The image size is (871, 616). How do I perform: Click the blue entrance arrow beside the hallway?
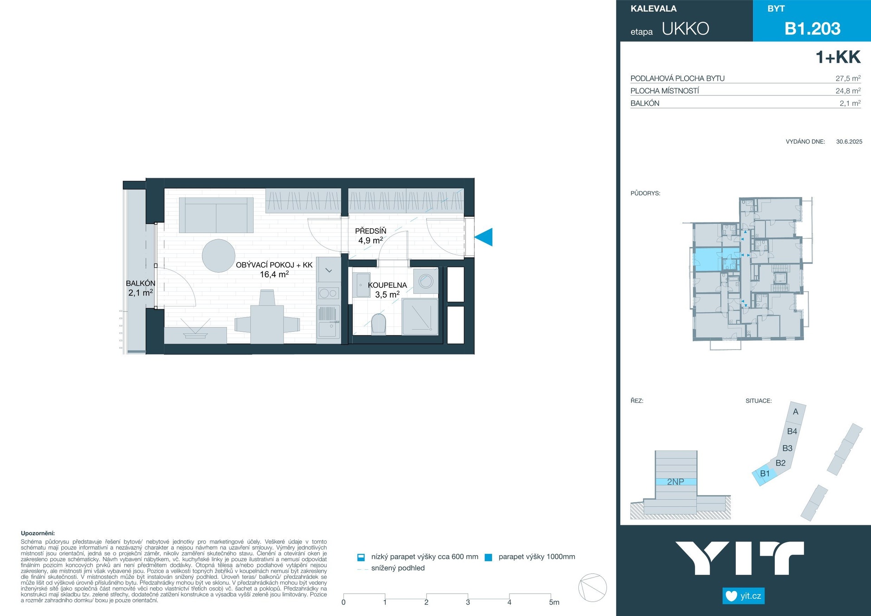pos(484,237)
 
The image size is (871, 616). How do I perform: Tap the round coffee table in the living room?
pos(219,256)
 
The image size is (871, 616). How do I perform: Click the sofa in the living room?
pos(216,215)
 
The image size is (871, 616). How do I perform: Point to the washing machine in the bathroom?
pos(426,281)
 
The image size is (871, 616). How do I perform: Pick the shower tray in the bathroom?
pos(420,316)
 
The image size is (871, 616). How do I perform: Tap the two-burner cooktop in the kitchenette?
pos(328,293)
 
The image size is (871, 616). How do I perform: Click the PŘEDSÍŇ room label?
pos(371,231)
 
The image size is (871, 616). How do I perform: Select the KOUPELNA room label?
pos(387,285)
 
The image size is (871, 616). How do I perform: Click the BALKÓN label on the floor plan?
pos(141,283)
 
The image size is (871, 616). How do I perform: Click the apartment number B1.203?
pos(812,29)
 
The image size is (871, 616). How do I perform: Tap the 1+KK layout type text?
pos(838,57)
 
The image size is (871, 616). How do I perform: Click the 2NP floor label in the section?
pos(675,482)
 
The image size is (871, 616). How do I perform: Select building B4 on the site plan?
pos(792,431)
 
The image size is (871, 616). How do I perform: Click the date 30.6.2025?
pos(849,142)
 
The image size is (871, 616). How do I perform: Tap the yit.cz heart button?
pos(744,596)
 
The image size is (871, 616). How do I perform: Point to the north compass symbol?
pos(592,587)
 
